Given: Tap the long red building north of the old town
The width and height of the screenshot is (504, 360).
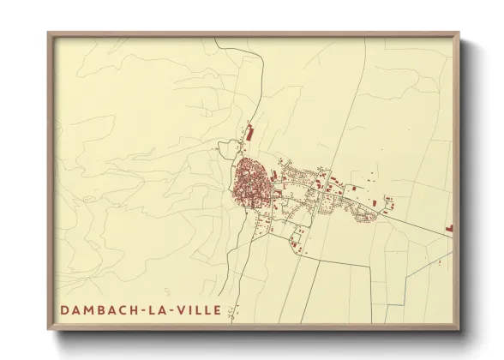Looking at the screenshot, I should [x=249, y=134].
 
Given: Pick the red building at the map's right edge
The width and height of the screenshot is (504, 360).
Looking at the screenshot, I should [x=449, y=228].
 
